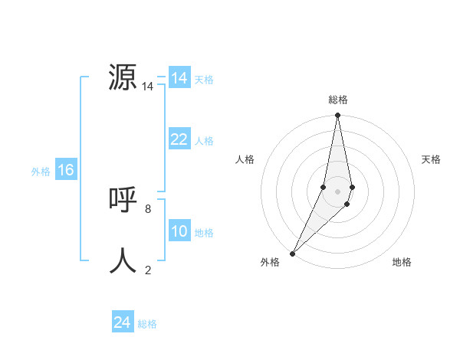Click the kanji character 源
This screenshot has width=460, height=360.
(x=123, y=77)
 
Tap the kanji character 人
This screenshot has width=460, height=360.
(x=123, y=260)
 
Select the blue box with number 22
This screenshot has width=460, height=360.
(x=179, y=139)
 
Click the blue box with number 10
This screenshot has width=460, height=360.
(x=179, y=231)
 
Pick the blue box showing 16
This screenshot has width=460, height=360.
(x=65, y=170)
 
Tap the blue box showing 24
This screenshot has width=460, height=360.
(x=123, y=322)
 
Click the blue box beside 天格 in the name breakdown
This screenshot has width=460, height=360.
(x=179, y=78)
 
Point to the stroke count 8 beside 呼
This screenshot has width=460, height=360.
(x=148, y=208)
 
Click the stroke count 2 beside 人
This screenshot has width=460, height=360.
(x=148, y=270)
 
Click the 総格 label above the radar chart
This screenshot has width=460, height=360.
(x=338, y=100)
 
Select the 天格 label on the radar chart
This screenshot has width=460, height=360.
(x=431, y=159)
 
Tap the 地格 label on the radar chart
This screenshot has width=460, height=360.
(x=402, y=262)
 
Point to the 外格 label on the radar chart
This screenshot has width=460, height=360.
(x=270, y=262)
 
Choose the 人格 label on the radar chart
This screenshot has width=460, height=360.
(x=245, y=159)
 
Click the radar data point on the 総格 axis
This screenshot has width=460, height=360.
(x=338, y=116)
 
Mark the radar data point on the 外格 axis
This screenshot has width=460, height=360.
(x=293, y=253)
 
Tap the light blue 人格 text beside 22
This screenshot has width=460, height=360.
(x=204, y=140)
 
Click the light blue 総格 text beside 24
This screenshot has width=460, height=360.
(x=147, y=324)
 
